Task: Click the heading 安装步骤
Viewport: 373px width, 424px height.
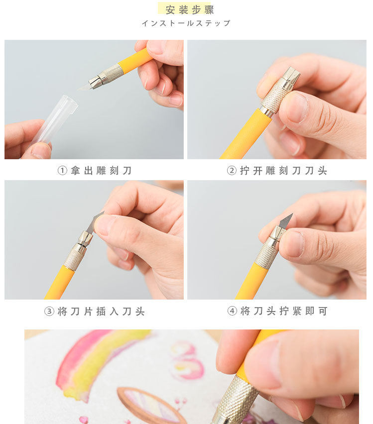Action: tap(189, 10)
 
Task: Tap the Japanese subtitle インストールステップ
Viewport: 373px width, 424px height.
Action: tap(186, 23)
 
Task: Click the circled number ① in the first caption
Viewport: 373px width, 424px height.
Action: tap(62, 170)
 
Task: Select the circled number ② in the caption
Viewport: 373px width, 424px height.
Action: tap(232, 170)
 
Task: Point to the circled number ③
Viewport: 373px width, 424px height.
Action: tap(49, 311)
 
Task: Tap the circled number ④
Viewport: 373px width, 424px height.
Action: tap(232, 311)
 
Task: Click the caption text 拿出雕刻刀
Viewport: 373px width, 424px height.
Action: tap(101, 171)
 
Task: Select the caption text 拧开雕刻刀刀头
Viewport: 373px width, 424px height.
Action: tap(283, 171)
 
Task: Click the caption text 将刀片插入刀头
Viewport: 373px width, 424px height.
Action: tap(101, 312)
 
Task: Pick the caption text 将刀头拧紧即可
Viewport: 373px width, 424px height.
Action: tap(284, 311)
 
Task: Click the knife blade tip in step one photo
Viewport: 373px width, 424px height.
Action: tap(79, 89)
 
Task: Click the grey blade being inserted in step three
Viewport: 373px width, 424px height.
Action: tap(95, 222)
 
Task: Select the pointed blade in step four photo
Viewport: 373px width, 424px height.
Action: tap(285, 221)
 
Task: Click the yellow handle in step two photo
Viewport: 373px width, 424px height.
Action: tap(247, 134)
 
